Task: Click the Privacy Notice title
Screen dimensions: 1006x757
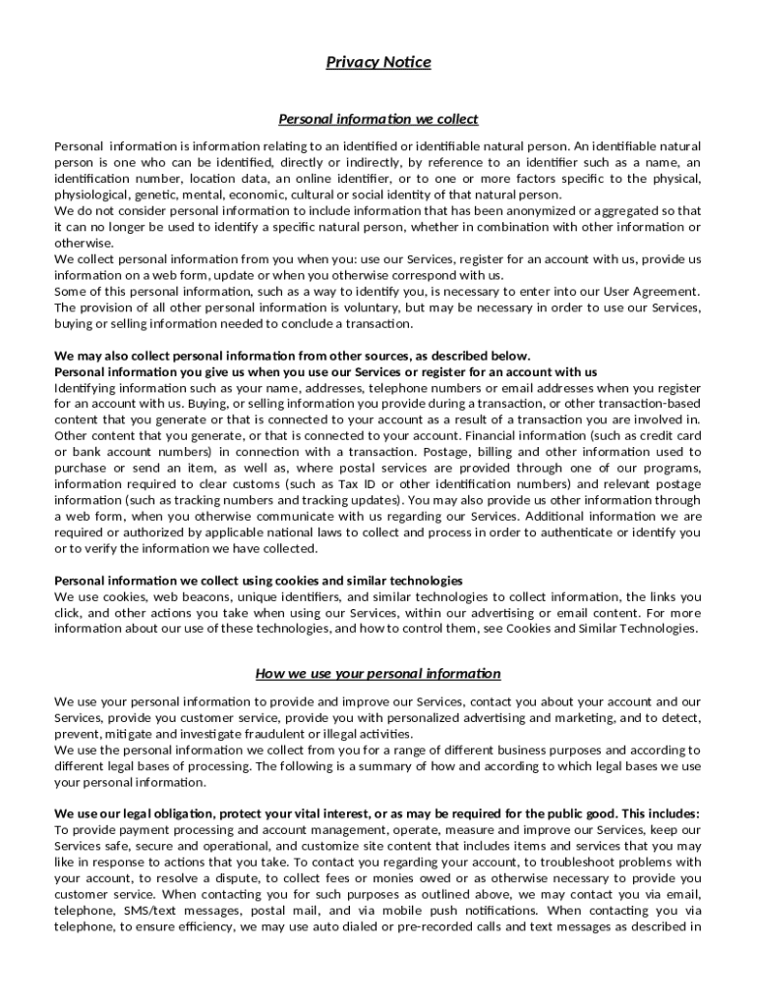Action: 378,63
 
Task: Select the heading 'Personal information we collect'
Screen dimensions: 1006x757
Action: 378,120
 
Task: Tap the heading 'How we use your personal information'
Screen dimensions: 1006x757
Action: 378,674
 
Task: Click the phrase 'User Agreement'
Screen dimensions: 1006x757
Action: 649,292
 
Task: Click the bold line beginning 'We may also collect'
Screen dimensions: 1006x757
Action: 292,356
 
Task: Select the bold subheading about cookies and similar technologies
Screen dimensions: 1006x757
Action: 259,581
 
